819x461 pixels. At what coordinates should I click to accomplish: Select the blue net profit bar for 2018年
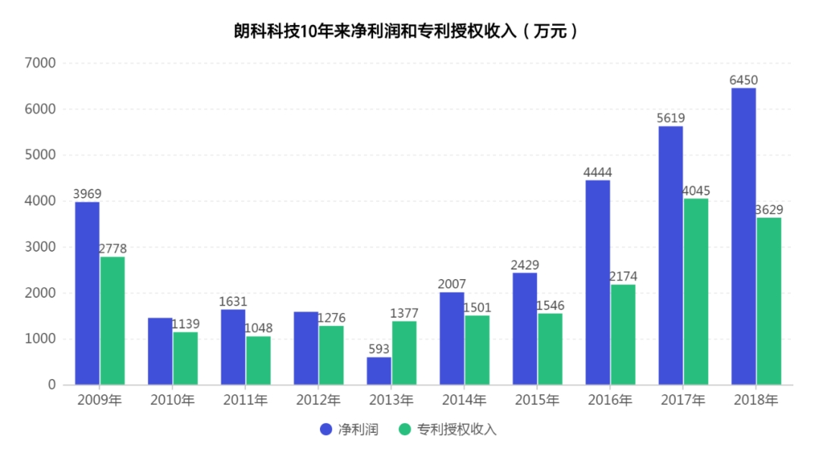coord(743,237)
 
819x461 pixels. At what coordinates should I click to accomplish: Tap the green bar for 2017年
coord(695,292)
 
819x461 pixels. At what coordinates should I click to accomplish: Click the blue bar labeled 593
coord(379,371)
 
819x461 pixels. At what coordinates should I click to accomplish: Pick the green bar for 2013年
coord(404,353)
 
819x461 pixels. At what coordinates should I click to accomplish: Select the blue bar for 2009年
coord(87,293)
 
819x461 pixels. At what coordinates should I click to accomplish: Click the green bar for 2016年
coord(623,334)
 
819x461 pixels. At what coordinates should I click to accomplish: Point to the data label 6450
coord(743,80)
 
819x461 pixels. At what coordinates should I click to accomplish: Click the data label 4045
coord(695,190)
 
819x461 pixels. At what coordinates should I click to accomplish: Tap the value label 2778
coord(112,249)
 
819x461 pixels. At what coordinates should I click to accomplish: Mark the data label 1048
coord(258,328)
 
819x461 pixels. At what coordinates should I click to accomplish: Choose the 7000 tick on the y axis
coord(41,63)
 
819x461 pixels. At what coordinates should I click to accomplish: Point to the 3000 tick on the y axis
coord(41,247)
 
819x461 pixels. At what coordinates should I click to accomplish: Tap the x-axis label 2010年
coord(172,400)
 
